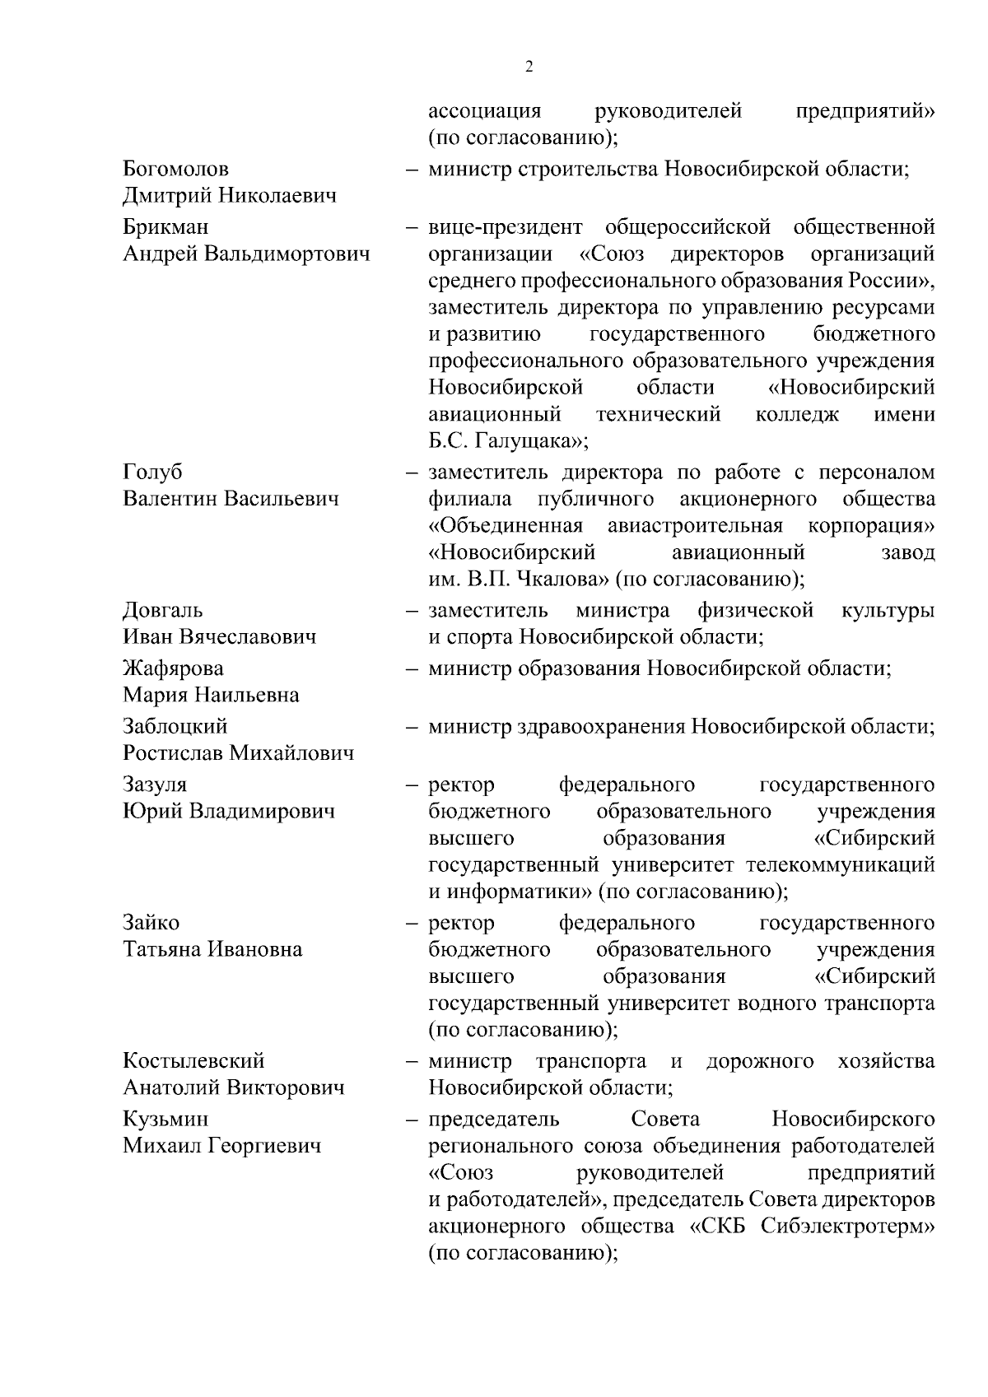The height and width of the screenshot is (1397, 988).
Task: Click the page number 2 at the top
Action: point(529,68)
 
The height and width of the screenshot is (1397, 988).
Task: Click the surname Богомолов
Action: point(176,170)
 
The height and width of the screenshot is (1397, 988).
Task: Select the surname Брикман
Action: point(165,227)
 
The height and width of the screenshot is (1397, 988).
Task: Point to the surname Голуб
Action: point(152,473)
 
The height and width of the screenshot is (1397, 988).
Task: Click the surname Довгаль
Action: point(163,611)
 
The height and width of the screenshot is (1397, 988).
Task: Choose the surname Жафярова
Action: point(173,668)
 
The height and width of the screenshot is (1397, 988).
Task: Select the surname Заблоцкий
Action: point(175,726)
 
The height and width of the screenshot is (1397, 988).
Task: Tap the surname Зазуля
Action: point(155,785)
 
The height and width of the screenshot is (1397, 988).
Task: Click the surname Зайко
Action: point(151,923)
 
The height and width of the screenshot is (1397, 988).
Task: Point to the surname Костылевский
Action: point(193,1061)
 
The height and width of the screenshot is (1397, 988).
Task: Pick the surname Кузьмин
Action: point(165,1119)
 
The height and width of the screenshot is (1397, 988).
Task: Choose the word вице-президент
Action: point(505,227)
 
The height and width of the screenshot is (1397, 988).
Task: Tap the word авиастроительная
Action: point(696,526)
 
